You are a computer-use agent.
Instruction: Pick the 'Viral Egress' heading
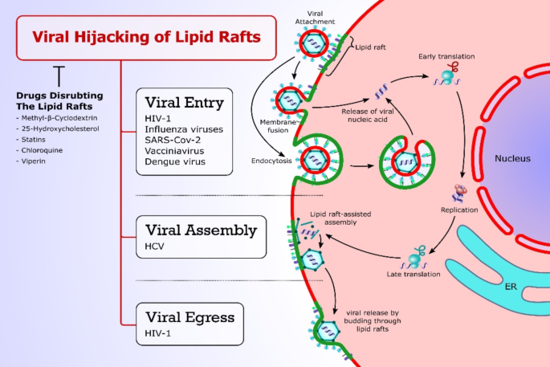click(189, 316)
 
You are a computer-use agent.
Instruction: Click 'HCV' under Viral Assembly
click(153, 246)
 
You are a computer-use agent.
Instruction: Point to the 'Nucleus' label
click(511, 158)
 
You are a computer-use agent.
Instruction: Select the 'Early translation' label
click(446, 56)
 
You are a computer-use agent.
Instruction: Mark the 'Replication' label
click(459, 210)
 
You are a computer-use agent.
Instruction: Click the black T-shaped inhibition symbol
click(59, 77)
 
